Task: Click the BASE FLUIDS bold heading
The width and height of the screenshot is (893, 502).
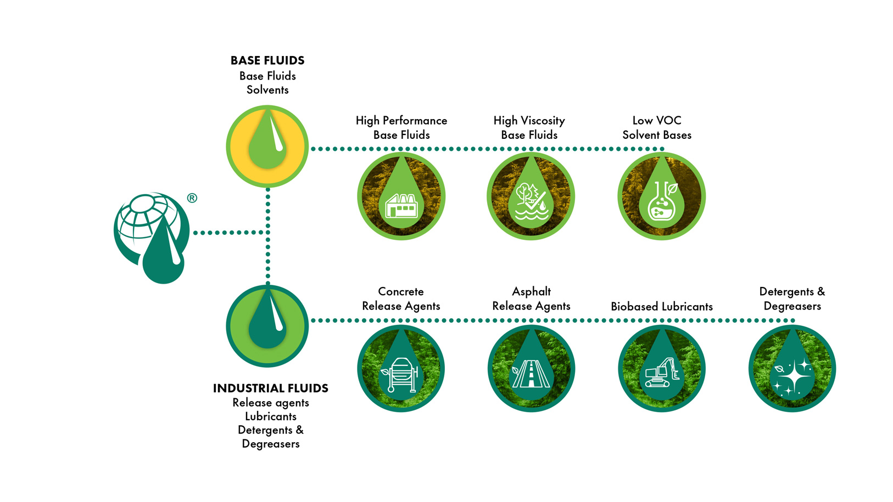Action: coord(267,60)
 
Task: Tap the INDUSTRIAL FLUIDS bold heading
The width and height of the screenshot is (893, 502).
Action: coord(271,388)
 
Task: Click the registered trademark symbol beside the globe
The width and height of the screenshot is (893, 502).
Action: coord(192,198)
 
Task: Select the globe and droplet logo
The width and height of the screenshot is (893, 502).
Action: coord(152,238)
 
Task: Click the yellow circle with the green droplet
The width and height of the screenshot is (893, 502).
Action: coord(267,146)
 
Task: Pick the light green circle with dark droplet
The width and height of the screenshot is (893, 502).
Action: coord(267,326)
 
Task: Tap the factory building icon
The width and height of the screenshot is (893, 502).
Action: coord(401,205)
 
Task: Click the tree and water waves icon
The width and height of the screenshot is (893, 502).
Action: coord(531,201)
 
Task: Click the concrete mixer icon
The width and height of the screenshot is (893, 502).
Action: coord(400,375)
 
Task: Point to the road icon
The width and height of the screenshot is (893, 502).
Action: coord(531,374)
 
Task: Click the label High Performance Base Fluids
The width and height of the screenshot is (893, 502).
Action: coord(401,128)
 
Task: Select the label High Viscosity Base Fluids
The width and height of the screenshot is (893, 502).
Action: coord(529,128)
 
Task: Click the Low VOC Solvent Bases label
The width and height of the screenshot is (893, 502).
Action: coord(657,128)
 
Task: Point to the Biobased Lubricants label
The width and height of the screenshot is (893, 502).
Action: coord(662,307)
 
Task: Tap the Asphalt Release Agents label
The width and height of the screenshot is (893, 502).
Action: coord(532,298)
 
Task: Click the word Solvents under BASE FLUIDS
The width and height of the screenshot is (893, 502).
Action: coord(267,90)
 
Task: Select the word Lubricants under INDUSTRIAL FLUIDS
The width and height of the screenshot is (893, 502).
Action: coord(271,416)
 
